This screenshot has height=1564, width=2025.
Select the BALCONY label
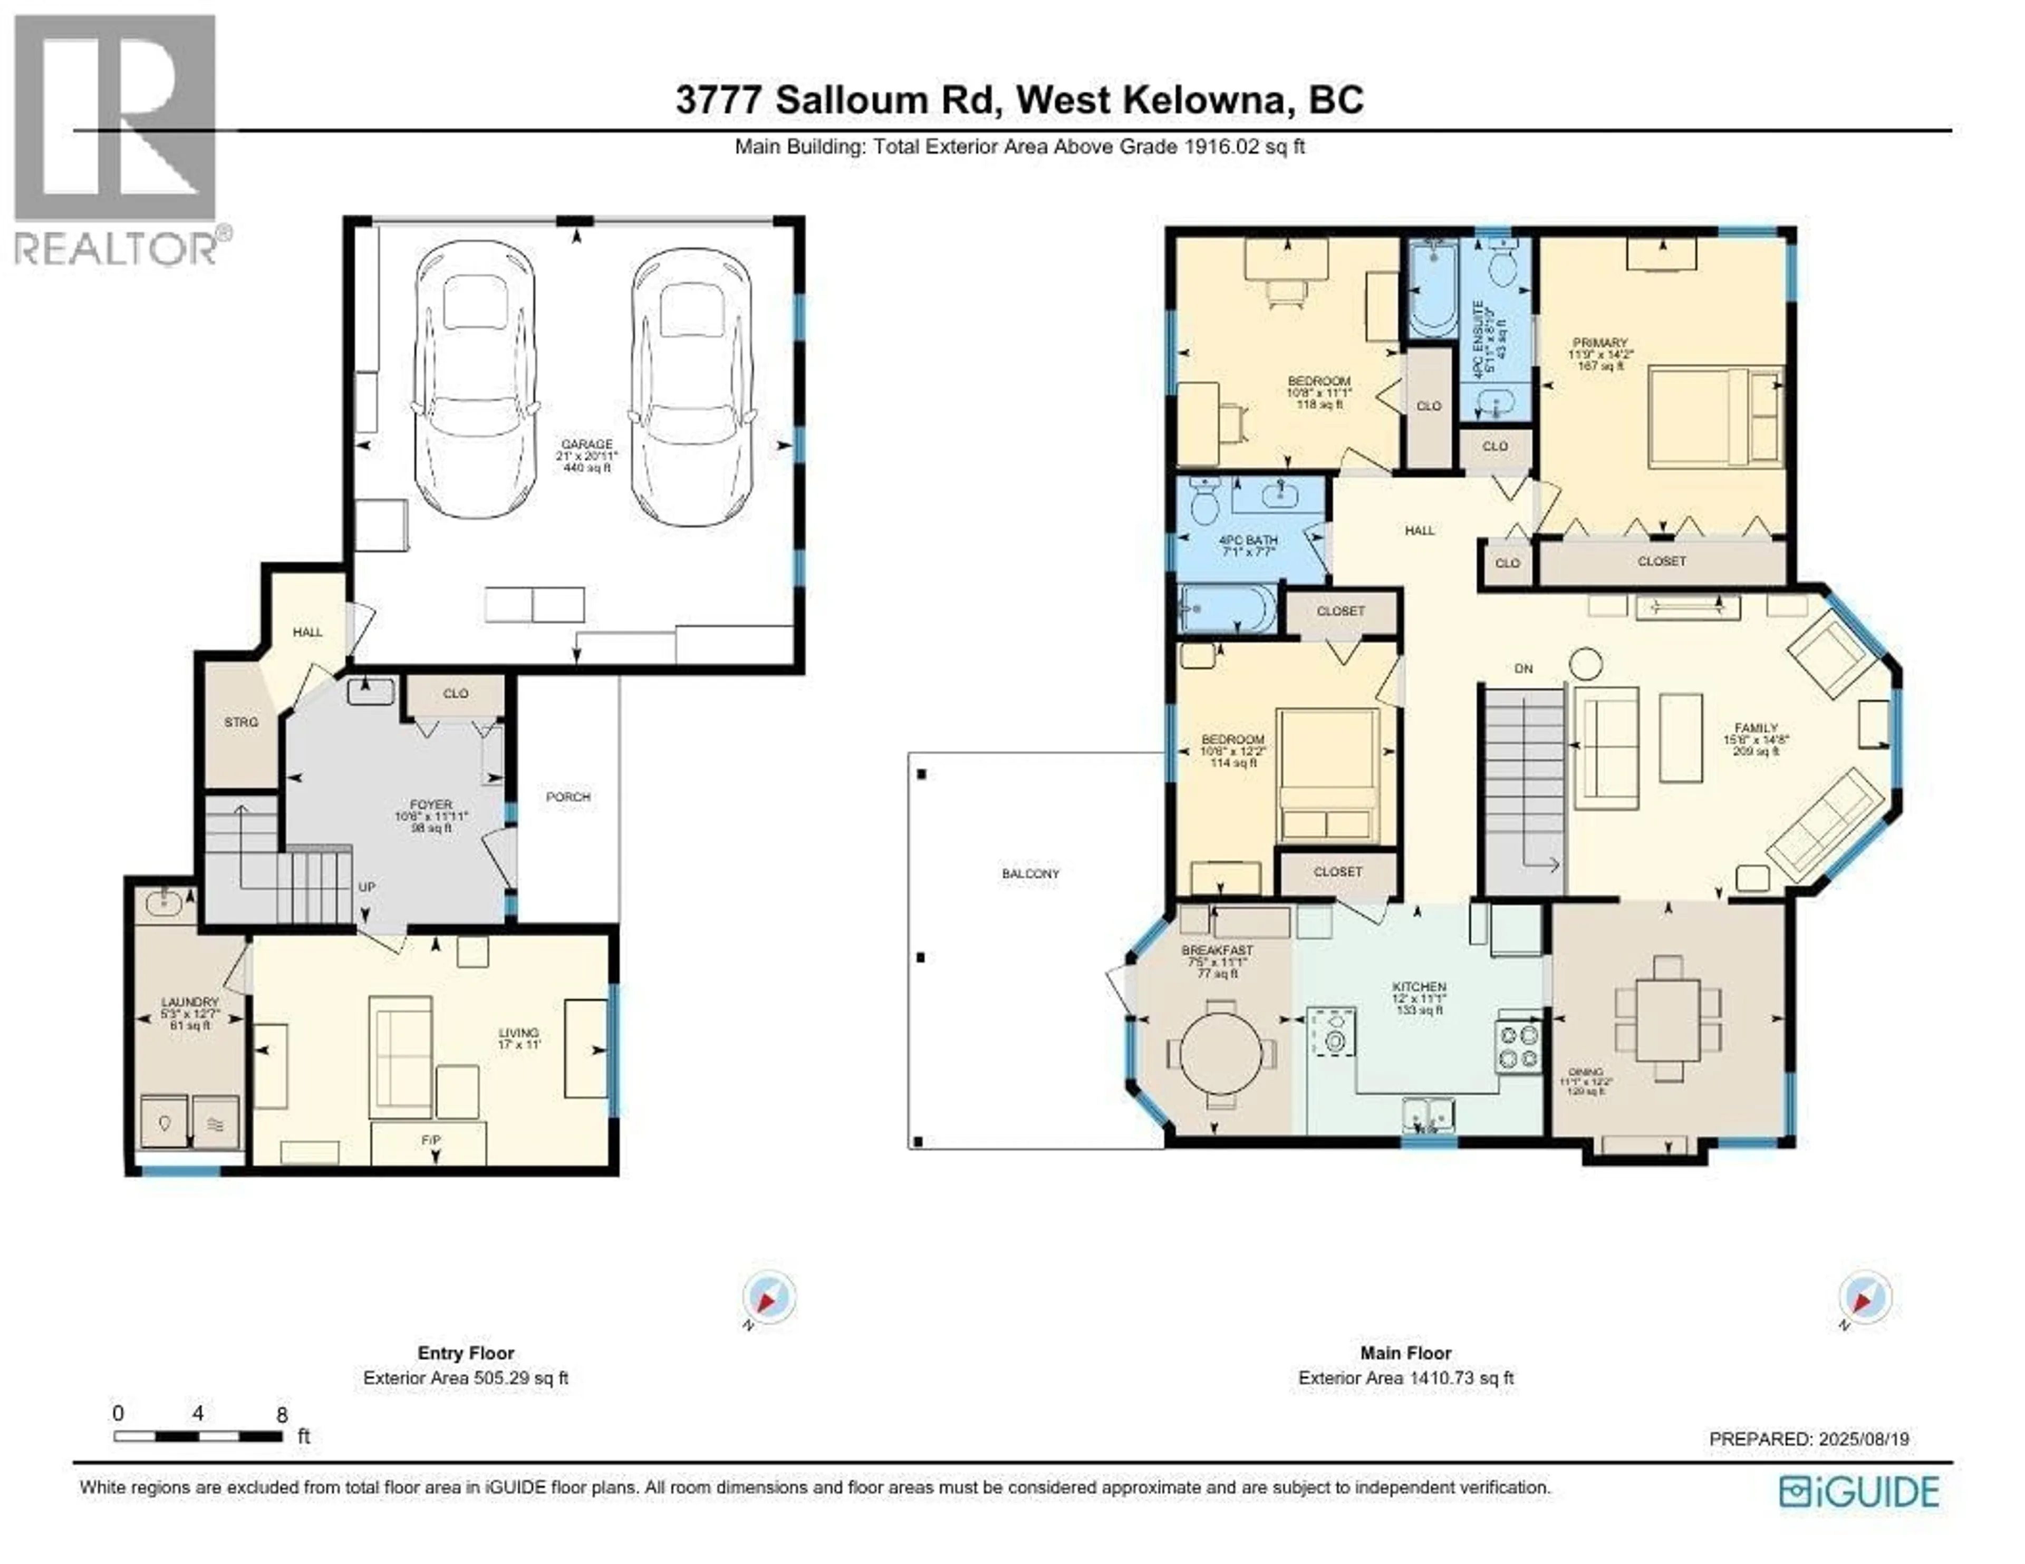pyautogui.click(x=1030, y=874)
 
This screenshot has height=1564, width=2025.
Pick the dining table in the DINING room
pyautogui.click(x=1667, y=1020)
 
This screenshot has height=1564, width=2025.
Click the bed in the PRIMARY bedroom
pyautogui.click(x=1715, y=417)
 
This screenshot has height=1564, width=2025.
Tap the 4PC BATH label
pyautogui.click(x=1248, y=540)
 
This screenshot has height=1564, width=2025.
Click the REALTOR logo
pyautogui.click(x=117, y=139)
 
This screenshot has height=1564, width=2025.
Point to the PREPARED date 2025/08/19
pyautogui.click(x=1809, y=1440)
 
